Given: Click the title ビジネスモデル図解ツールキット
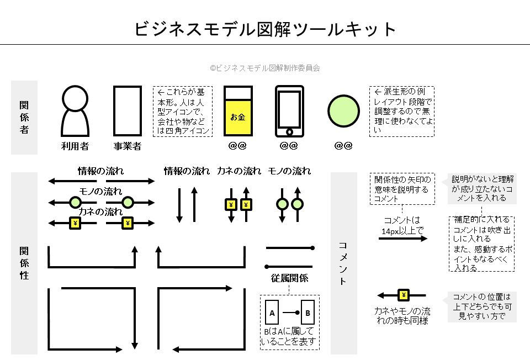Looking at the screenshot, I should (265, 29).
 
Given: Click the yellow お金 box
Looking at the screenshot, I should (237, 117).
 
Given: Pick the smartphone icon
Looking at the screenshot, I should (290, 111).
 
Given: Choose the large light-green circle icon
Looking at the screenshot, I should (344, 110).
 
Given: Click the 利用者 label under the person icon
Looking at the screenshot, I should (75, 146).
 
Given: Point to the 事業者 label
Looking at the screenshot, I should (128, 146).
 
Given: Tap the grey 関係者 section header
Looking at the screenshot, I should (24, 117).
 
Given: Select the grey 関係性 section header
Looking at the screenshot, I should (24, 262).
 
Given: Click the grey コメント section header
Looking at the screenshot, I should (343, 262).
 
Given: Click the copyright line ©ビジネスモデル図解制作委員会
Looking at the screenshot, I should (265, 68).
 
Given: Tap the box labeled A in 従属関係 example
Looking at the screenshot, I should (272, 313).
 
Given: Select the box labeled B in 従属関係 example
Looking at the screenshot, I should (308, 313).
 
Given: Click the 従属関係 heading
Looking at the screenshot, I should (290, 278).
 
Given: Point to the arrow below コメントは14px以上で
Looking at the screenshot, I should (403, 239).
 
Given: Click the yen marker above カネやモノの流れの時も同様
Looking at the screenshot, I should (404, 295).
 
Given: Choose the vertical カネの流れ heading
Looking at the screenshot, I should (239, 171).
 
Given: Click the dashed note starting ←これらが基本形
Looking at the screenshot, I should (182, 111).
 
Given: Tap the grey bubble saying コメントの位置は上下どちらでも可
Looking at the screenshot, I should (481, 306).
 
